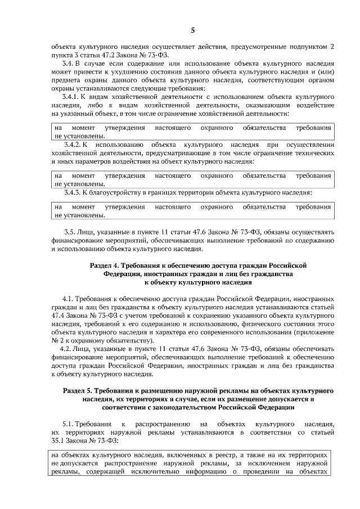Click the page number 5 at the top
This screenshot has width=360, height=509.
coord(192,30)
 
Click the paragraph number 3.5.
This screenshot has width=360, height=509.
coord(70,231)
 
